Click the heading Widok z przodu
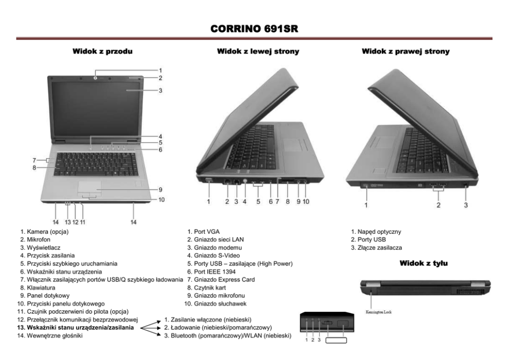click(x=99, y=51)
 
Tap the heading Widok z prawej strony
click(x=405, y=51)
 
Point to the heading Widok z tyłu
click(x=423, y=263)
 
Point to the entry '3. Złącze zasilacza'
click(x=377, y=248)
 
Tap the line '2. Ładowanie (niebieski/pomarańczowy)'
click(x=218, y=328)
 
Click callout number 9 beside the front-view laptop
click(x=160, y=189)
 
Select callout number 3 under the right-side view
click(x=466, y=205)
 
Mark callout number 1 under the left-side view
click(x=209, y=202)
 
